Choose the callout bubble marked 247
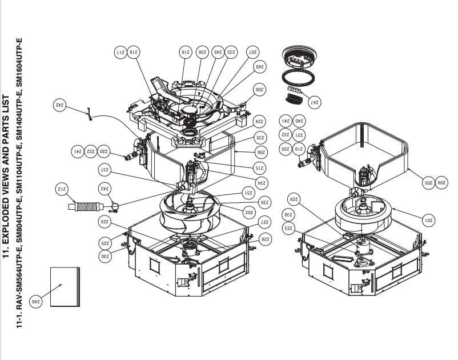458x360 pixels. pyautogui.click(x=314, y=103)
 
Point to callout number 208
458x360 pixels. pyautogui.click(x=260, y=90)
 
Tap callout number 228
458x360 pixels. pyautogui.click(x=105, y=221)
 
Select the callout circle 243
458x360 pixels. pyautogui.click(x=105, y=188)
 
